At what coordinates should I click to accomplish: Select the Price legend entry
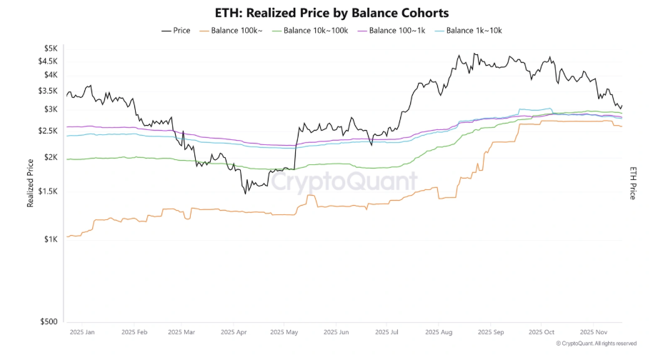(x=176, y=31)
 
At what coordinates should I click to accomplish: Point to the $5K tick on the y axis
(x=50, y=48)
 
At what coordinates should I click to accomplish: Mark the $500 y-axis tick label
(x=48, y=321)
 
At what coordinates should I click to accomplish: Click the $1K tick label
(x=50, y=239)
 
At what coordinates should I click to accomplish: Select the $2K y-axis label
(x=50, y=157)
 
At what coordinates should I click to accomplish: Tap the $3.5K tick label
(x=48, y=91)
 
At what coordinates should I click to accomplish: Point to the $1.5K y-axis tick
(x=48, y=191)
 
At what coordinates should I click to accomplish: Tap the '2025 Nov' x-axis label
(x=594, y=332)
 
